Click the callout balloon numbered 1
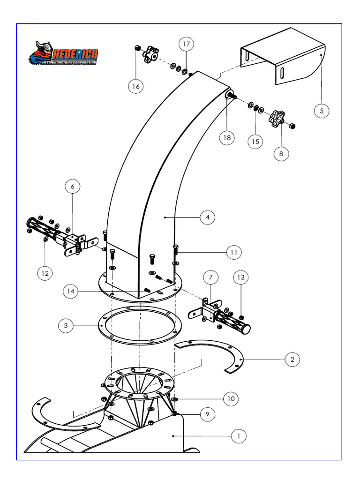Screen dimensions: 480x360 pyautogui.click(x=239, y=436)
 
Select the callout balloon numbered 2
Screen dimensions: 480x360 pyautogui.click(x=292, y=360)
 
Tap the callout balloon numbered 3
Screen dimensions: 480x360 pyautogui.click(x=67, y=325)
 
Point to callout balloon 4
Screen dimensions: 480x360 pyautogui.click(x=207, y=217)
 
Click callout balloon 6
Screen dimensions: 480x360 pyautogui.click(x=72, y=187)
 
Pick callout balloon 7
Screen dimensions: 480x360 pyautogui.click(x=211, y=278)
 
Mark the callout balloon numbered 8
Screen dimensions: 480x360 pyautogui.click(x=281, y=153)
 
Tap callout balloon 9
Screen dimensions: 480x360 pyautogui.click(x=207, y=414)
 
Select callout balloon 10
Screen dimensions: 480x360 pyautogui.click(x=231, y=399)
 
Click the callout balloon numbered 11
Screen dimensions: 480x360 pyautogui.click(x=233, y=252)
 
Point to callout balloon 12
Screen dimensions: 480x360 pyautogui.click(x=45, y=272)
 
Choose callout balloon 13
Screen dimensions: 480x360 pyautogui.click(x=240, y=278)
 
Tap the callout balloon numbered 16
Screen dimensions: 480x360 pyautogui.click(x=136, y=86)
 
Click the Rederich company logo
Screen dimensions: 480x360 pyautogui.click(x=63, y=54)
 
